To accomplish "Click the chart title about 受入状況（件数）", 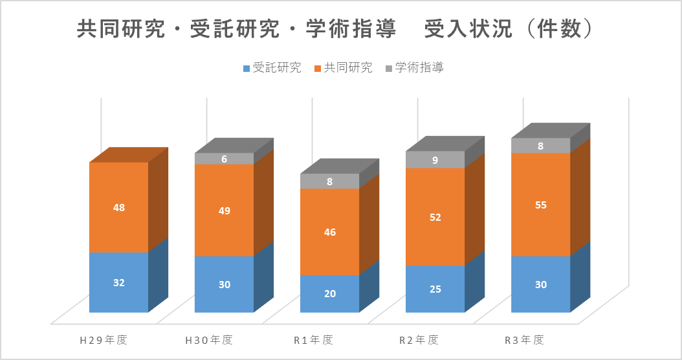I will (335, 30).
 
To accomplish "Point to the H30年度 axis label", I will (209, 339).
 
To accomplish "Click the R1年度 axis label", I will (313, 339).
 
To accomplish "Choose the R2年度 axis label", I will (419, 339).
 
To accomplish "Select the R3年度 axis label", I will (524, 339).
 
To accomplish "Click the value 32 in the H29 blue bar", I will (119, 282).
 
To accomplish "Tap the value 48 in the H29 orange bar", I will (119, 208).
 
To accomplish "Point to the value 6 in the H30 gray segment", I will (224, 159).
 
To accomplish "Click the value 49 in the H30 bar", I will (224, 210).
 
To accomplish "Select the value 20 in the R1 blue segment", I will (329, 293).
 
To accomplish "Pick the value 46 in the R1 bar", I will (329, 232).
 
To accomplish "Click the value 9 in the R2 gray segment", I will (435, 159).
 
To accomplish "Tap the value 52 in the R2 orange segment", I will (435, 218).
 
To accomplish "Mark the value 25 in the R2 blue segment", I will (435, 289).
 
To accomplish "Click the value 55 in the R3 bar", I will (541, 205).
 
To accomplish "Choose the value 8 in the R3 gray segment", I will (541, 146).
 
